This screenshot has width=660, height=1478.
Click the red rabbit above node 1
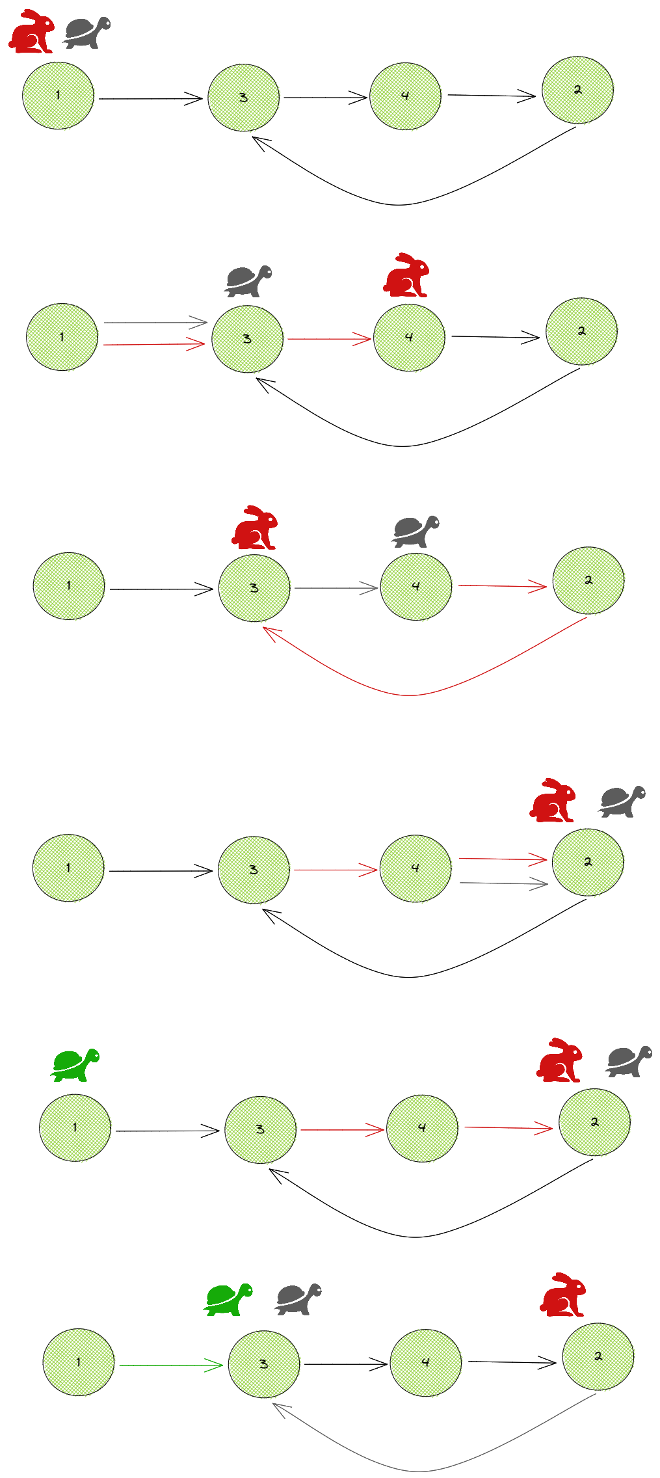(x=32, y=31)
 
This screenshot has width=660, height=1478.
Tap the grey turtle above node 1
(x=86, y=33)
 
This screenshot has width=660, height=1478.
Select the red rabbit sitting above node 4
(x=406, y=275)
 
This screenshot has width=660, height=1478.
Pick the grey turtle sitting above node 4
(x=416, y=531)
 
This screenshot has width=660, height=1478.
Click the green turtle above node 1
(x=75, y=1065)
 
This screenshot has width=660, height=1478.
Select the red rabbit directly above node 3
(x=255, y=528)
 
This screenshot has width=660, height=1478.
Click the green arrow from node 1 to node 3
(x=171, y=1365)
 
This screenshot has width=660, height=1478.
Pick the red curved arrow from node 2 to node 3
(x=410, y=695)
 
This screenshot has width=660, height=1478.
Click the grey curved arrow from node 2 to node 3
(x=419, y=1471)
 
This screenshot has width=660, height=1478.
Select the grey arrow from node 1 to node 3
(x=155, y=322)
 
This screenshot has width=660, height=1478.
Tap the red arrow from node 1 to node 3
(x=154, y=344)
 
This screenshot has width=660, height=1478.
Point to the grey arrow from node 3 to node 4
(x=336, y=588)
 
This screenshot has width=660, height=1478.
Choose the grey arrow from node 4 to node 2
(x=504, y=883)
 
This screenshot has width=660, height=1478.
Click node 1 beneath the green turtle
(x=75, y=1127)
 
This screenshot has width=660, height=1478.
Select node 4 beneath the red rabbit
(x=409, y=337)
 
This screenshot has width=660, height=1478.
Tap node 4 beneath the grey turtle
(x=416, y=586)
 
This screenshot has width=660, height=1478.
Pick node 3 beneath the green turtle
(x=263, y=1364)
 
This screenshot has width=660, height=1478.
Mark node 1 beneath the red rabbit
(x=58, y=96)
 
